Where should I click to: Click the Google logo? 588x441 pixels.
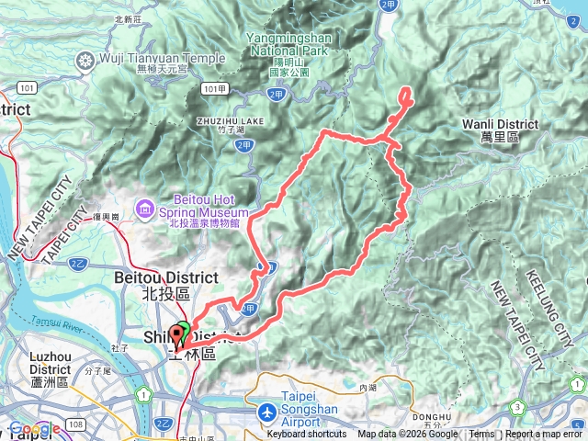click(x=34, y=429)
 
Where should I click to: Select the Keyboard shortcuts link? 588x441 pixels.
click(x=307, y=435)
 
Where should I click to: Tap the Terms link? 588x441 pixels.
click(x=481, y=435)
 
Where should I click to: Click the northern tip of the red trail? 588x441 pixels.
click(x=405, y=90)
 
